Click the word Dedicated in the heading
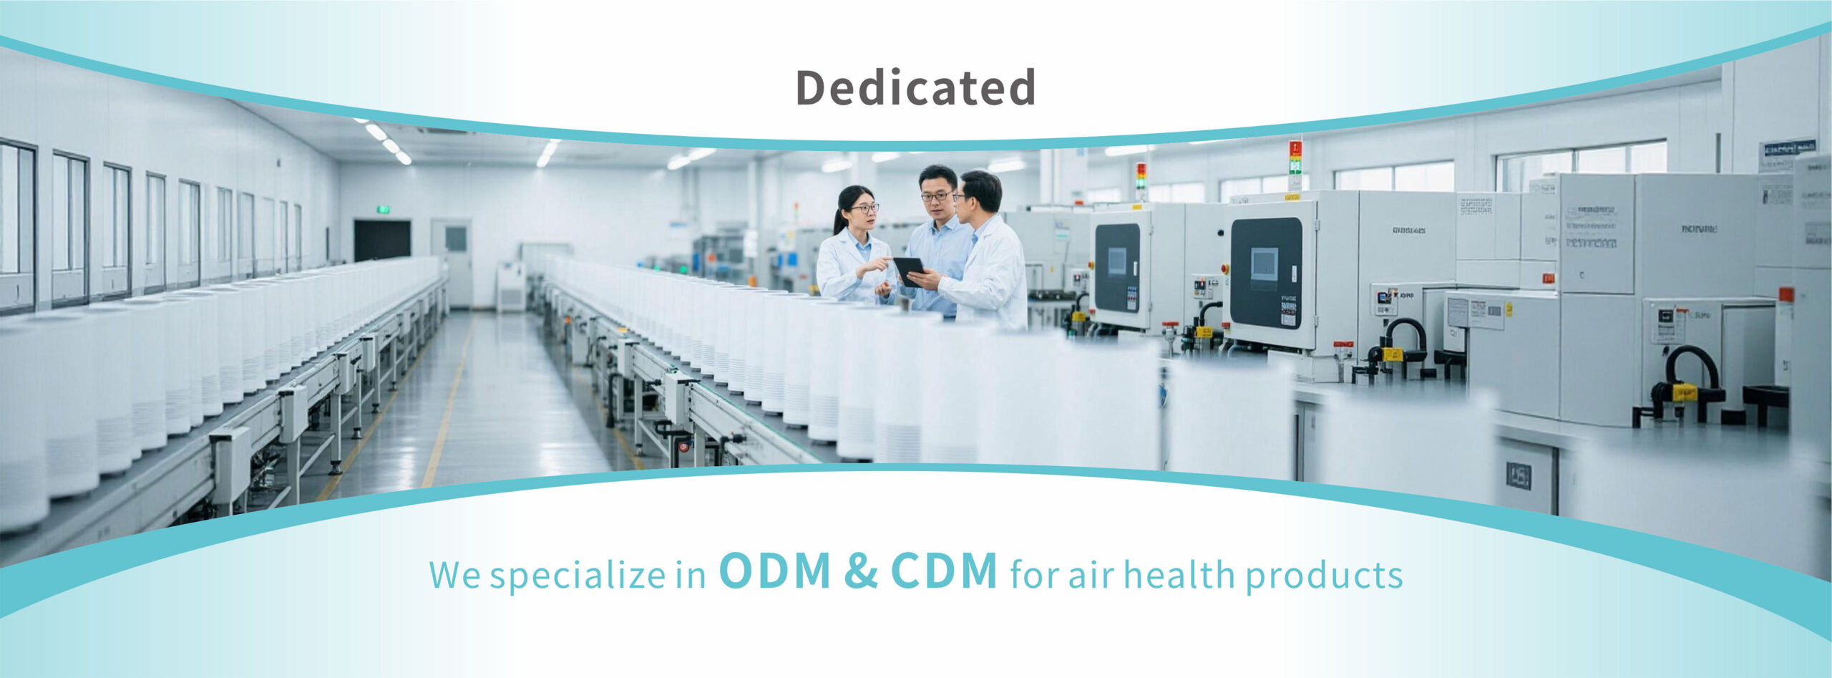915,87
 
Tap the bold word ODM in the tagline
775,571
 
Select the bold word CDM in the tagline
944,571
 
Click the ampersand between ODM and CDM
861,571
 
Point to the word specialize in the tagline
577,576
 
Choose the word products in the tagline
1324,576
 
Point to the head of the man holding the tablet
979,192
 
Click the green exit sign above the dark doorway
384,209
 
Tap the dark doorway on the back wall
382,241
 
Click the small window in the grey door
456,238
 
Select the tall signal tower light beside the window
1295,165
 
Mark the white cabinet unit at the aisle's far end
511,286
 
